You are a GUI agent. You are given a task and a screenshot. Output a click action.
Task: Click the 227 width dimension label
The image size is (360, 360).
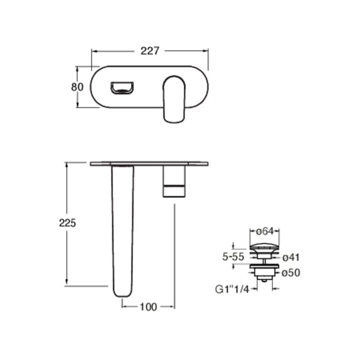150,51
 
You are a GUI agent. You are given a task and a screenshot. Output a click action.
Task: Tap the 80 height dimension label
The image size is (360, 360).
77,87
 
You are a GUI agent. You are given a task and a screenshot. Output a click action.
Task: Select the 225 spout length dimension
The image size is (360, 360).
67,223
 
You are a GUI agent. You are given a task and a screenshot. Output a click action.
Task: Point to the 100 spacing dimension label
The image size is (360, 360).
148,307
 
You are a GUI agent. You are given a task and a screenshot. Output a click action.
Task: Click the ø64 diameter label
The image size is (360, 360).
265,231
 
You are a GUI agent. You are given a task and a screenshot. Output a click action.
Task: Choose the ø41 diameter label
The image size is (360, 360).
291,257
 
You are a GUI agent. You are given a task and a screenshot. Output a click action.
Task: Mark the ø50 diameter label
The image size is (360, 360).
291,273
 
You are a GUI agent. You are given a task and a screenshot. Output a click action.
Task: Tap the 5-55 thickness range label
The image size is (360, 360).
233,256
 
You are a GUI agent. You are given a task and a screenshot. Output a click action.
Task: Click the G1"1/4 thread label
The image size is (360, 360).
232,289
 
